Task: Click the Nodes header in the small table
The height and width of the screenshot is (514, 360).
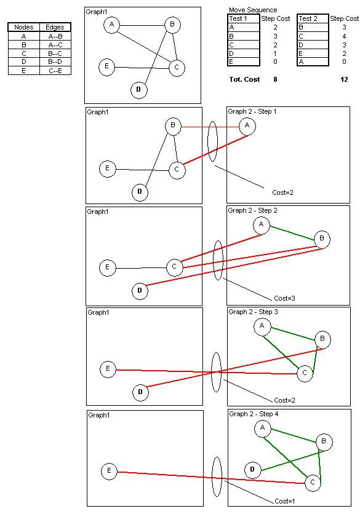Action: pos(23,27)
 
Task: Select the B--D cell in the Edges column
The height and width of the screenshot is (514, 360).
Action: pos(55,61)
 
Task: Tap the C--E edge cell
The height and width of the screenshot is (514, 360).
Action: pos(55,71)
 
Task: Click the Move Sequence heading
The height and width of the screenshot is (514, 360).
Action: pos(253,10)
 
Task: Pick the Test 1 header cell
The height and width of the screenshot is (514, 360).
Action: pos(244,18)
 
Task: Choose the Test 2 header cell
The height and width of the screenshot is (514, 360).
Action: pos(313,18)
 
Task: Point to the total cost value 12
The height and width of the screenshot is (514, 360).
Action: pos(344,79)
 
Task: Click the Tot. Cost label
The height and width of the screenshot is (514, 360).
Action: pos(244,79)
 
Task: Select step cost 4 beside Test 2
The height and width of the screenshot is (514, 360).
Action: pos(344,36)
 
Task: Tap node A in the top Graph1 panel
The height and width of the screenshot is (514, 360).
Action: pos(111,25)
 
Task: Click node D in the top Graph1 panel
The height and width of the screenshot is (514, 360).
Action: pos(138,90)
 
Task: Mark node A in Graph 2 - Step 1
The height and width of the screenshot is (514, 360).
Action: pos(247,126)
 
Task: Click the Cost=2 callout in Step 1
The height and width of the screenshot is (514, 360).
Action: pos(282,193)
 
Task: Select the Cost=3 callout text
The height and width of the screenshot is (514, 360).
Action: pos(284,298)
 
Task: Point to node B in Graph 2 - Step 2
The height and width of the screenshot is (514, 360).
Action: pos(322,239)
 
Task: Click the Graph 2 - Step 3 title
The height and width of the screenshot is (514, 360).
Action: pos(253,312)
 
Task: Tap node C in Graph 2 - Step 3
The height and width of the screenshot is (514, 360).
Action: pos(305,373)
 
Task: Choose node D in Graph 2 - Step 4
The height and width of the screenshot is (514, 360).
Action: pos(252,470)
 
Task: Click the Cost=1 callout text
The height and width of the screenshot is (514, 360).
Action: pos(284,501)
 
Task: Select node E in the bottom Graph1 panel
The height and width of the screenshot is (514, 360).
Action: pos(110,472)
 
